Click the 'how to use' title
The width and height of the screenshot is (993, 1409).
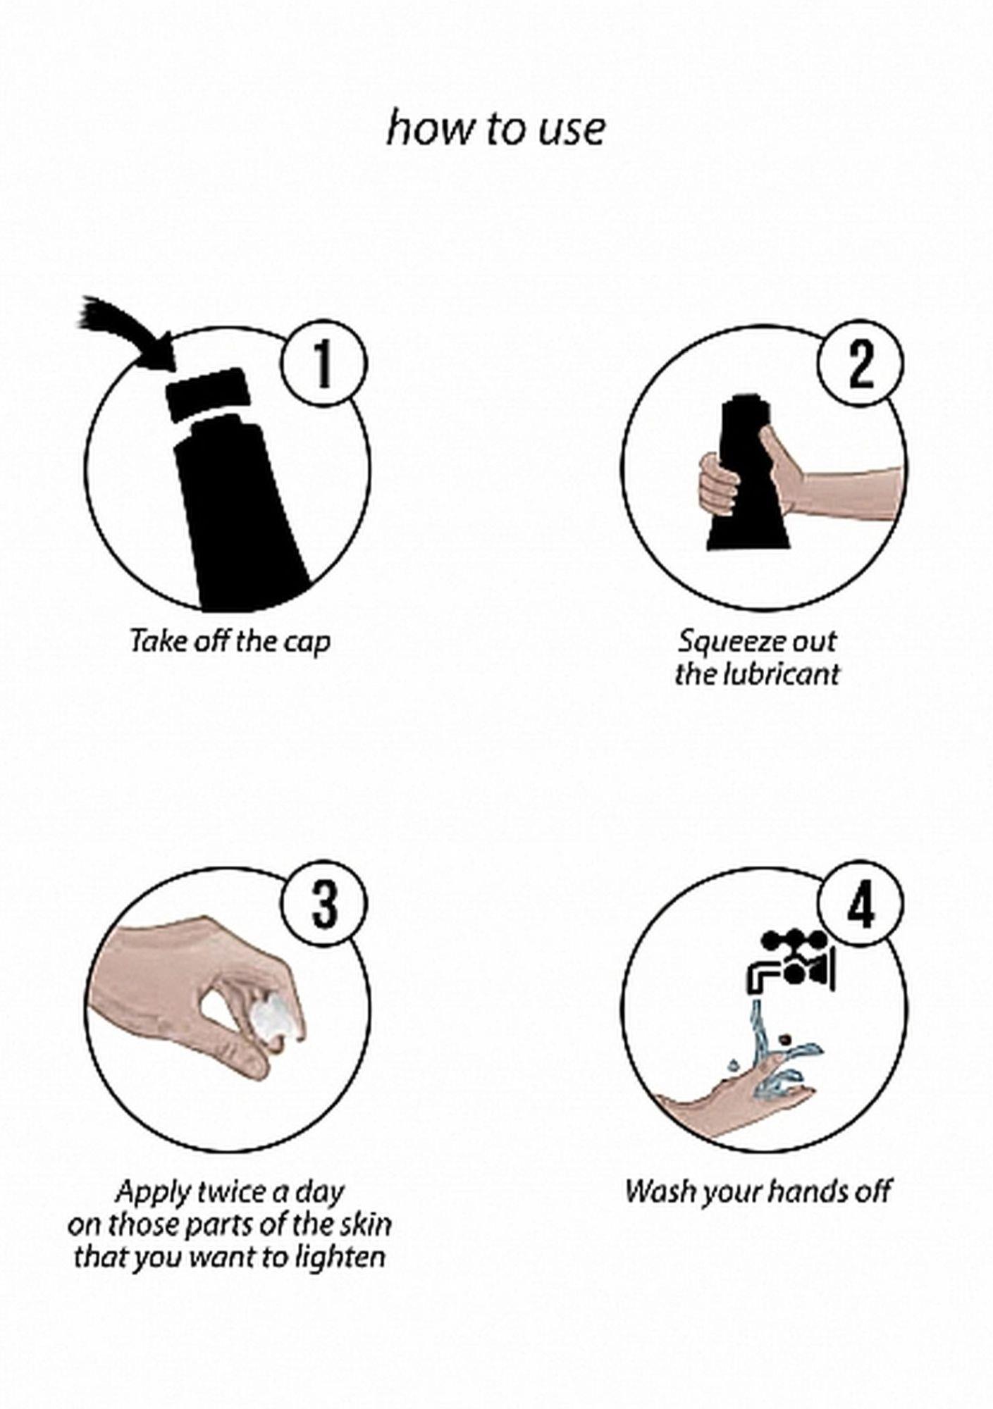point(495,130)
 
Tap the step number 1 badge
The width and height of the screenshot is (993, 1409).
point(323,364)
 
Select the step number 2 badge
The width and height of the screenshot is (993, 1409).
point(861,364)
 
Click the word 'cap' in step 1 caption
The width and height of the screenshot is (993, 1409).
point(307,643)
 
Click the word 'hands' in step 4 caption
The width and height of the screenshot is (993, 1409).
point(808,1191)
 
